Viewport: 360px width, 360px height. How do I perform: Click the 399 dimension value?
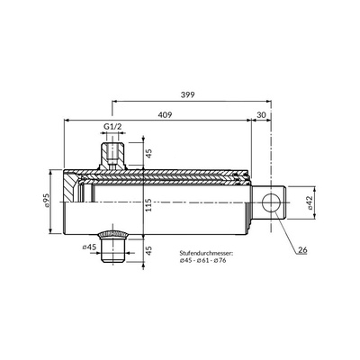click(188, 94)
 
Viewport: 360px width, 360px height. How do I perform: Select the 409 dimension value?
click(165, 115)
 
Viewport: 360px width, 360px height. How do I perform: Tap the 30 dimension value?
click(262, 115)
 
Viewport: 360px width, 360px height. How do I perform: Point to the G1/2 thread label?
click(112, 127)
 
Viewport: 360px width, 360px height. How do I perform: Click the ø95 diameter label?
click(47, 201)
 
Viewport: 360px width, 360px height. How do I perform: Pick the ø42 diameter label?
click(310, 202)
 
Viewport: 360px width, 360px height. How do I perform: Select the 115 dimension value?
click(149, 205)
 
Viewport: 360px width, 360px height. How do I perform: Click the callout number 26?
click(302, 249)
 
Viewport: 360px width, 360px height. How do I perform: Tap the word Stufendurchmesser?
click(206, 253)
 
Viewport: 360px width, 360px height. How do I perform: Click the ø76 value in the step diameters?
click(220, 260)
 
